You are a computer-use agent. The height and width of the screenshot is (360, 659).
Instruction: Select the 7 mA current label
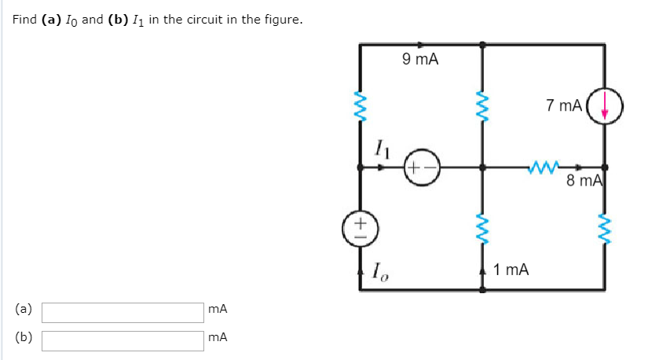tap(564, 105)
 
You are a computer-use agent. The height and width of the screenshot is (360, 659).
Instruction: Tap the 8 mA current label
tap(584, 182)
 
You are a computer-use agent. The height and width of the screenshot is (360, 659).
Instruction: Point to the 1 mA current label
tap(511, 270)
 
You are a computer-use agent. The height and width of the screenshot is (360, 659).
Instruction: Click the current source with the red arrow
tap(604, 106)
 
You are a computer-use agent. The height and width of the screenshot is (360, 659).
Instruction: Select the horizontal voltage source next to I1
tap(423, 167)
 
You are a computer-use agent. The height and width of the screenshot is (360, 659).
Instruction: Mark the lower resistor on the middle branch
tap(482, 228)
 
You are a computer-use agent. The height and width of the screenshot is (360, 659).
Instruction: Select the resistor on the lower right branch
tap(605, 228)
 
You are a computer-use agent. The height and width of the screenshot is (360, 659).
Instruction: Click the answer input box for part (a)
tap(123, 312)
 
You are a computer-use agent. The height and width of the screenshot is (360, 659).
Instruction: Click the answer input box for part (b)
tap(123, 340)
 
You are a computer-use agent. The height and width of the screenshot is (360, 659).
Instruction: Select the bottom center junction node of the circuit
tap(482, 290)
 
